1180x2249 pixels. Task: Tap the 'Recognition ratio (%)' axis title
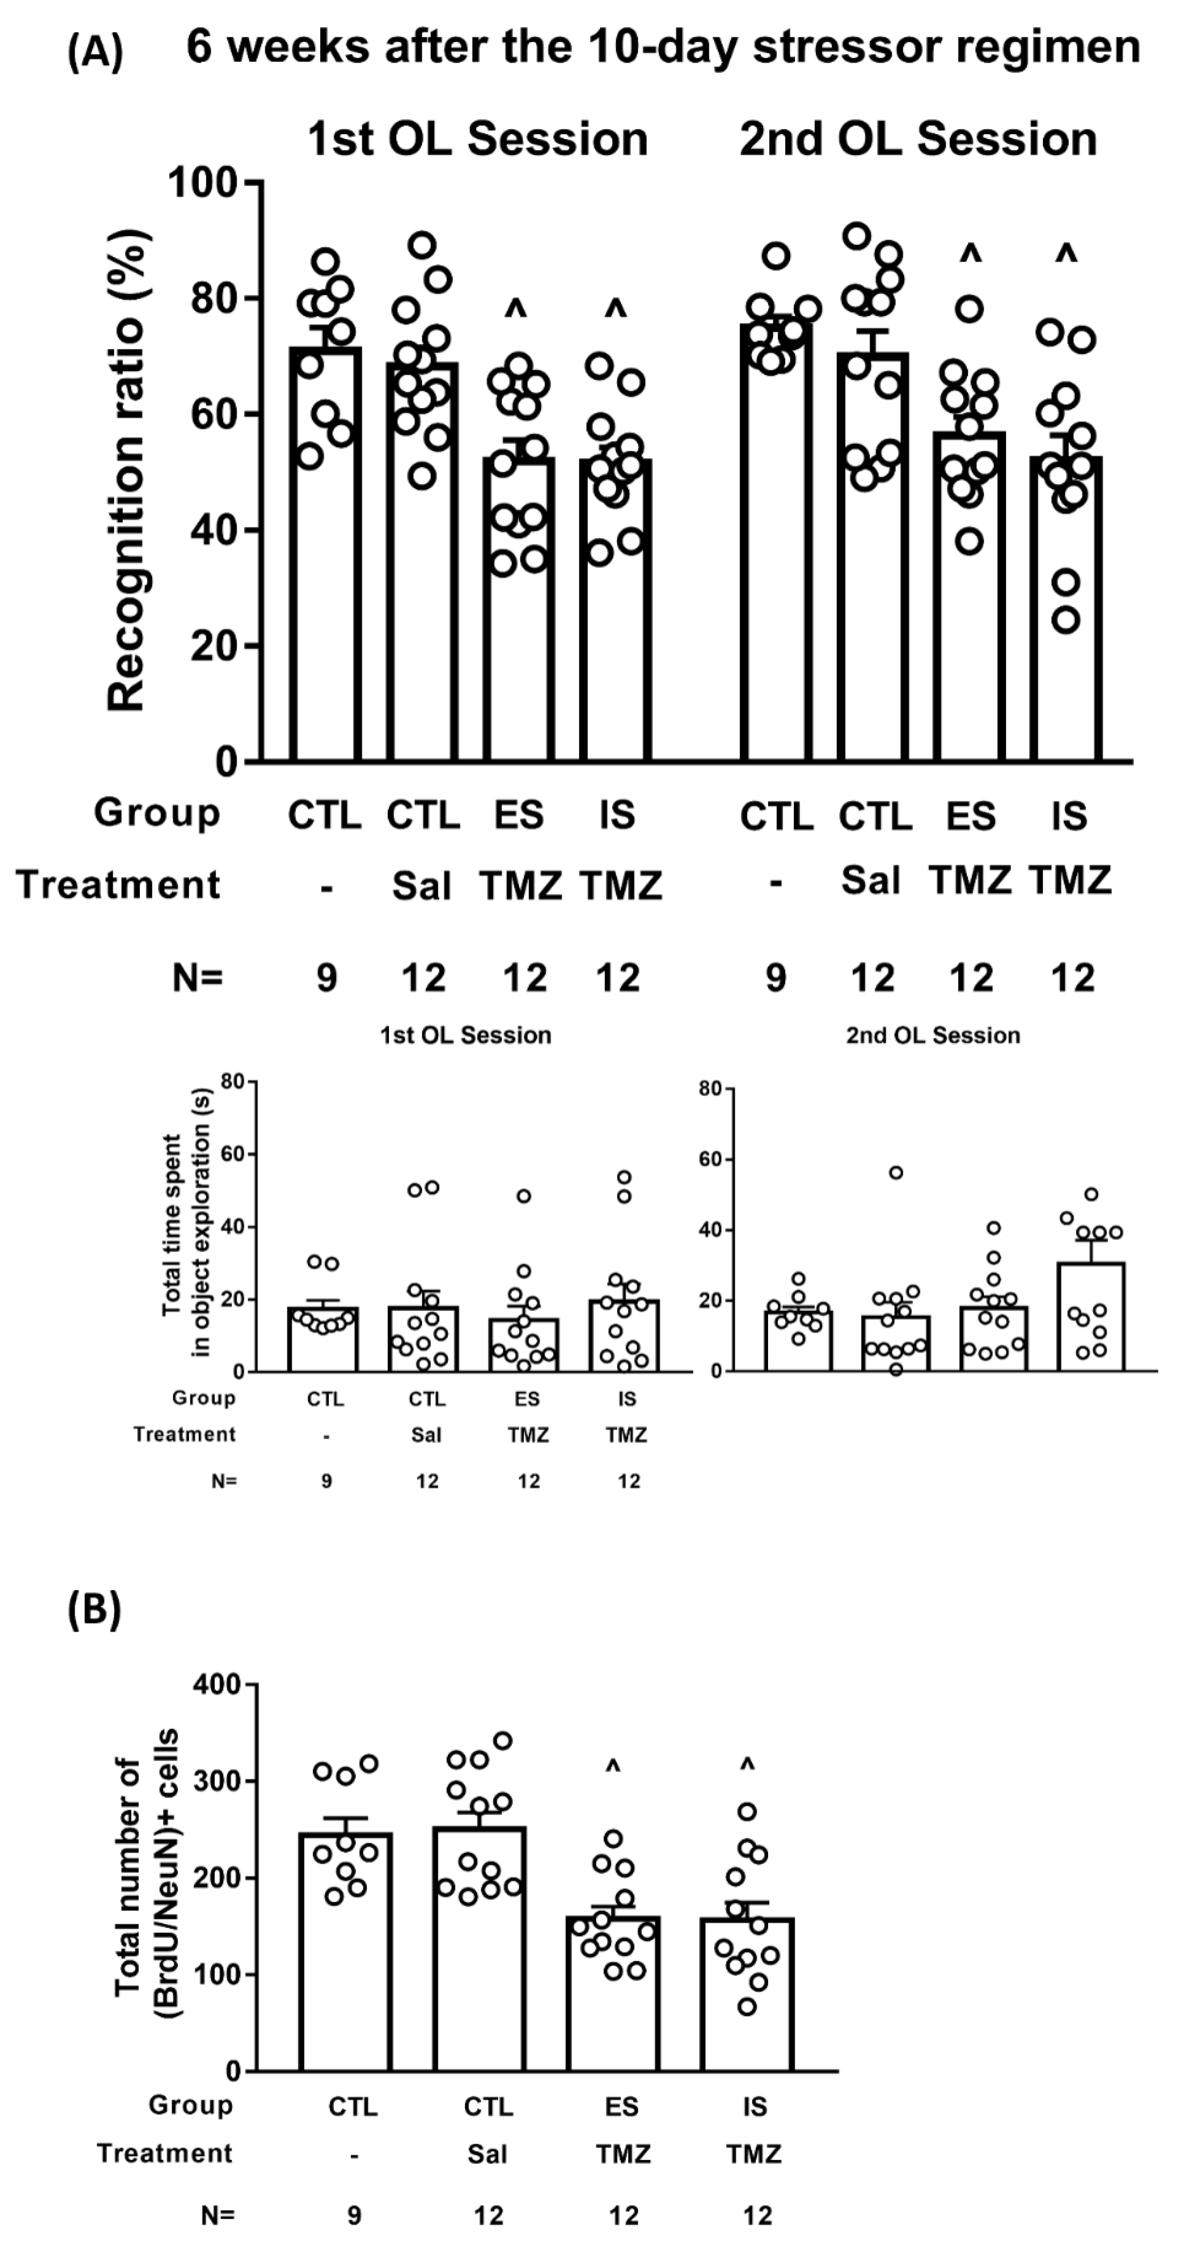click(126, 472)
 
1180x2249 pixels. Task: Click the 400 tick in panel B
click(216, 1684)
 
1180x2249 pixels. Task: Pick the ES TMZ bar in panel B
click(613, 1993)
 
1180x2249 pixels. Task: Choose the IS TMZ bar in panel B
click(747, 1994)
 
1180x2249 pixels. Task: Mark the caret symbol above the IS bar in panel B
click(747, 1765)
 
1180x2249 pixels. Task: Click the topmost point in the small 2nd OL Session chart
click(895, 1173)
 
